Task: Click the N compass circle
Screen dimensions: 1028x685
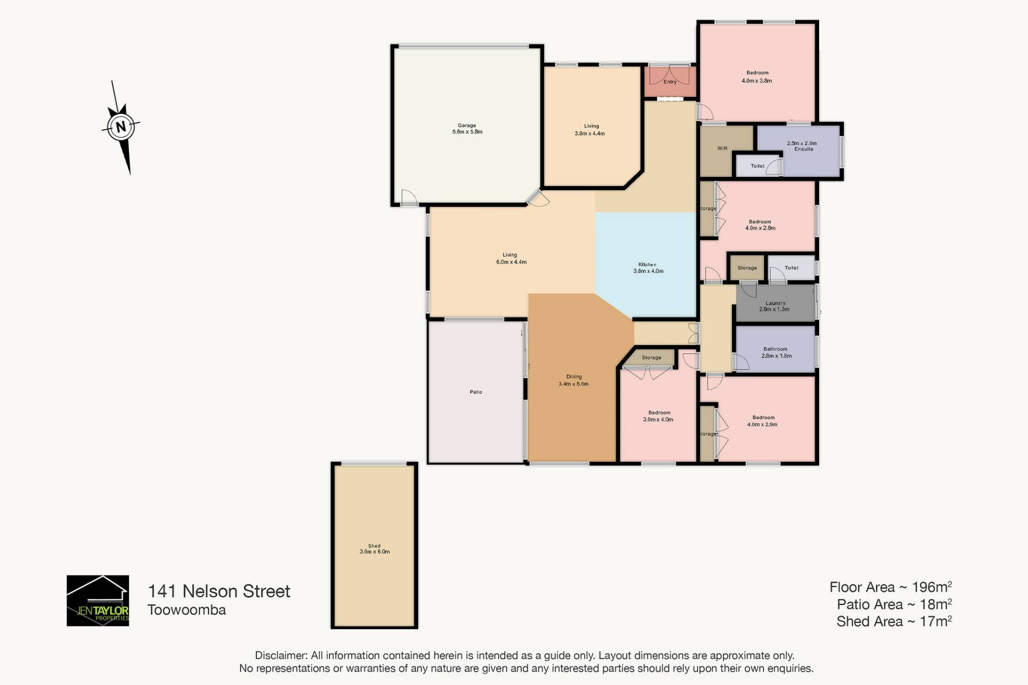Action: [121, 127]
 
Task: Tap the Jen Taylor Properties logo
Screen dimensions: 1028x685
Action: [98, 600]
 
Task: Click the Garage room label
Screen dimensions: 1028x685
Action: [467, 129]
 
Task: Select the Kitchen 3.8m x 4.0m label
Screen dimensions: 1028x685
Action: [648, 268]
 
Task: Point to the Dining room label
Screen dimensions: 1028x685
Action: [573, 380]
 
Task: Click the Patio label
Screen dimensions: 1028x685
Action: [476, 392]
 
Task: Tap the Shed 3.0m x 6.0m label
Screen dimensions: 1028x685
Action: [374, 549]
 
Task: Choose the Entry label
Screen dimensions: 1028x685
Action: [670, 82]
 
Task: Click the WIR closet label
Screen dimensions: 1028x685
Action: [722, 148]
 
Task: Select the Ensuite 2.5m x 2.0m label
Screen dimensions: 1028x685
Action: [802, 146]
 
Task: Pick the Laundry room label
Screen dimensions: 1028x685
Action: [775, 306]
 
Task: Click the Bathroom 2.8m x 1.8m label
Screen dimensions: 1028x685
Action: [776, 352]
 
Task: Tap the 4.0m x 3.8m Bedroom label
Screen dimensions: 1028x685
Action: [757, 77]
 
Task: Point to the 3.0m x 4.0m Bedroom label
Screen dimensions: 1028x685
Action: [659, 416]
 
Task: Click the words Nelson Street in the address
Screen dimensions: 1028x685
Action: [236, 591]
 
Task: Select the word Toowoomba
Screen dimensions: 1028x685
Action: [187, 610]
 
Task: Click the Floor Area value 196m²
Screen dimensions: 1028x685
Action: [932, 587]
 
